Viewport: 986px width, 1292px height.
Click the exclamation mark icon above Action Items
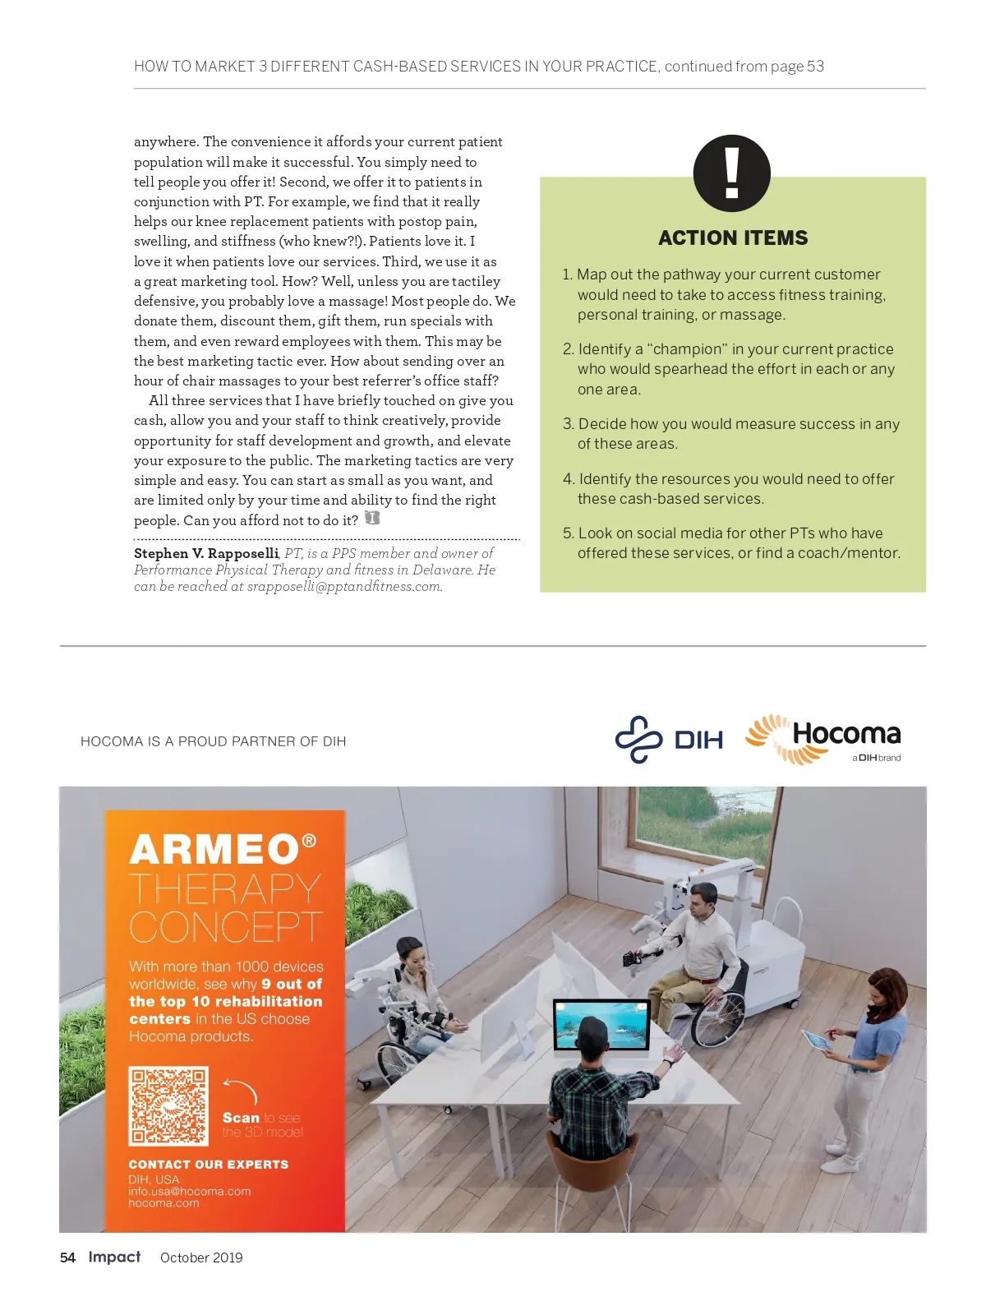731,173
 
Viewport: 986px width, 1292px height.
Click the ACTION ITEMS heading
733,238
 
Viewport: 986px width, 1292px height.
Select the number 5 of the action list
567,533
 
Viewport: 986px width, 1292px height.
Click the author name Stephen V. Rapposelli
206,553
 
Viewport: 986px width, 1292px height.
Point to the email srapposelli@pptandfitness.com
344,587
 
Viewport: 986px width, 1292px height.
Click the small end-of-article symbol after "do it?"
372,519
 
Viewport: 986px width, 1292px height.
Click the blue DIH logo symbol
639,739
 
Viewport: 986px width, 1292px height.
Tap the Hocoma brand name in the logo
846,733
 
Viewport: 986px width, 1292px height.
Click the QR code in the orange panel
168,1105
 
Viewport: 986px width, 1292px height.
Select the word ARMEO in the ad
214,850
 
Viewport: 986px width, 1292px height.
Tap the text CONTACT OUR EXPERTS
209,1165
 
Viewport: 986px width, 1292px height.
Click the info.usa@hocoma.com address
190,1191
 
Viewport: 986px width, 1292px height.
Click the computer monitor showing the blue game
601,1023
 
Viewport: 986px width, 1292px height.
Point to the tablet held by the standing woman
816,1041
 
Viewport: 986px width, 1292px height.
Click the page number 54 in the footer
67,1257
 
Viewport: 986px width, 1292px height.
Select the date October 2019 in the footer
201,1257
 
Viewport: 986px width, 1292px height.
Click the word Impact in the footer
114,1257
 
